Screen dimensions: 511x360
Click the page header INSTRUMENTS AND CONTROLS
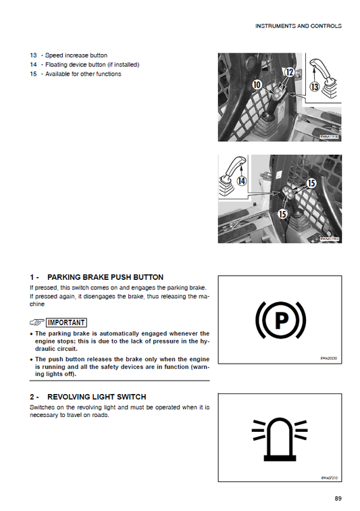(298, 26)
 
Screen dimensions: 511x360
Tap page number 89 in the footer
(338, 499)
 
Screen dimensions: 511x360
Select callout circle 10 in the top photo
(257, 84)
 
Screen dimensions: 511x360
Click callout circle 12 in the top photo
(288, 72)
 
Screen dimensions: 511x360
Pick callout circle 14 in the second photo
(240, 180)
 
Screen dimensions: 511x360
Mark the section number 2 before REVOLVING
(32, 396)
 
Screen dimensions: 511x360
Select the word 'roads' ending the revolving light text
(99, 415)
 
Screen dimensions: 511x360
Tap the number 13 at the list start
(33, 55)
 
